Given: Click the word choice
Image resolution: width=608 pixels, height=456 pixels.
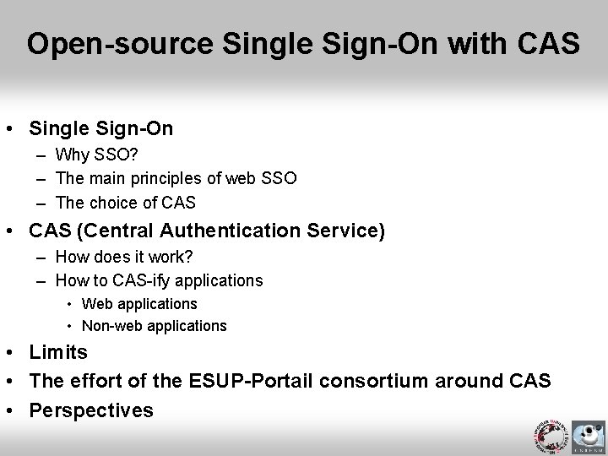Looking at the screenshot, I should pos(115,203).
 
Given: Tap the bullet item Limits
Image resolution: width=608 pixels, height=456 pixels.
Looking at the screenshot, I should pos(58,351).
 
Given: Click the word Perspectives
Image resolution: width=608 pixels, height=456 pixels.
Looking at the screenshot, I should pos(91,410).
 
